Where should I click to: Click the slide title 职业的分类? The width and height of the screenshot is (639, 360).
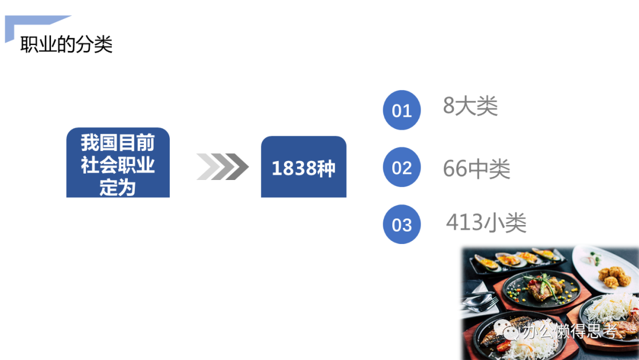66,44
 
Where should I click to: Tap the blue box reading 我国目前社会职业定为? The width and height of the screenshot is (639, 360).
118,163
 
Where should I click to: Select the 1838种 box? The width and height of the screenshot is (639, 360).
304,168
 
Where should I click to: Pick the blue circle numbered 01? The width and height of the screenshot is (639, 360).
402,110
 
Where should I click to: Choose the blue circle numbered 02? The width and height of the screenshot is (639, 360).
402,168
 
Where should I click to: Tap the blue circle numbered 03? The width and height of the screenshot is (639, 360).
402,224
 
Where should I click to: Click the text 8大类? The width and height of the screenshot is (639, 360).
470,107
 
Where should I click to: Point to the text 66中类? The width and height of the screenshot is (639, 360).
476,170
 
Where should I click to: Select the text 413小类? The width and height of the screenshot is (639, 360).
486,223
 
